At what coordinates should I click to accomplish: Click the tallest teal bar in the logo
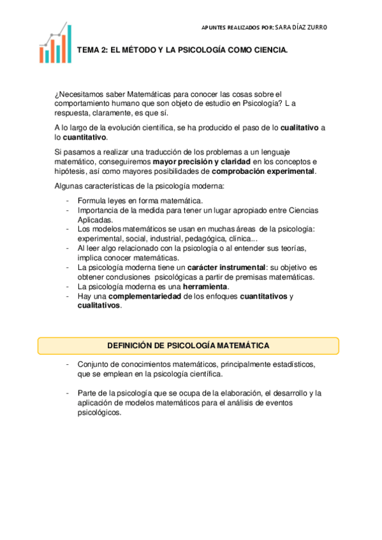click(69, 43)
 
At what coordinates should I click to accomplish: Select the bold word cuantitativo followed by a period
click(85, 137)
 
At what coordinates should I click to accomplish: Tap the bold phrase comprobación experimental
click(263, 171)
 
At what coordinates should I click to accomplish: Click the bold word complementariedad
click(145, 296)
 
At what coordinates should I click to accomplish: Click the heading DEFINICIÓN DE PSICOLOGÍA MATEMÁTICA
click(187, 345)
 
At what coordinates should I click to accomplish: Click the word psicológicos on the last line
click(98, 412)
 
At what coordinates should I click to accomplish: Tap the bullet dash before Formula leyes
click(67, 201)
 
